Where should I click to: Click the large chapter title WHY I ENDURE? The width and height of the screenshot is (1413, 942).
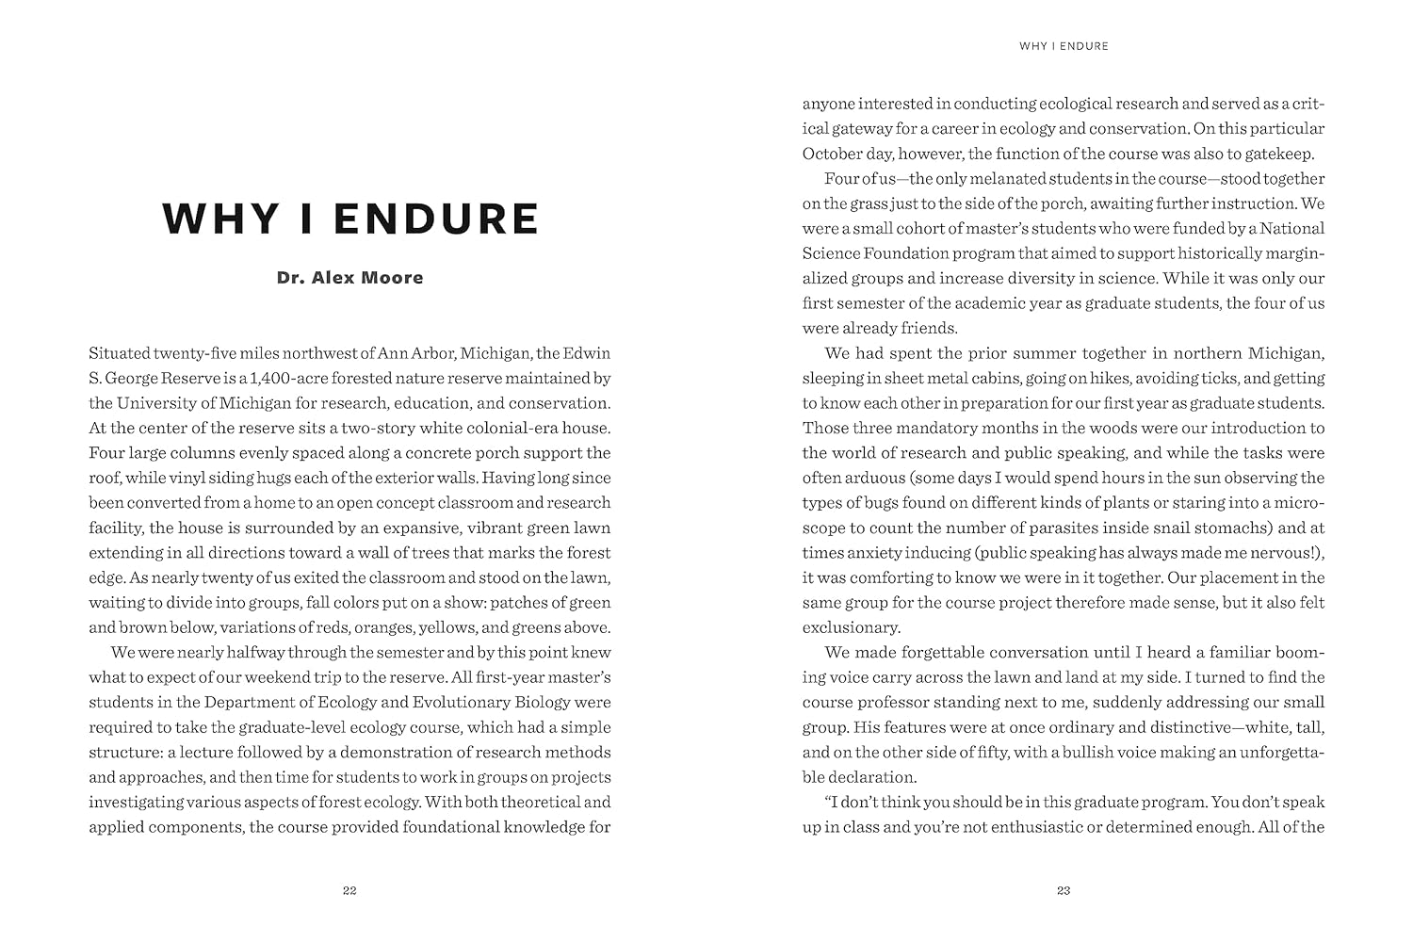pos(350,219)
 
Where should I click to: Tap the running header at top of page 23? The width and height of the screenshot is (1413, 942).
pos(1064,45)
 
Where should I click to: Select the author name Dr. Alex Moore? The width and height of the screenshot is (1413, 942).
pos(349,278)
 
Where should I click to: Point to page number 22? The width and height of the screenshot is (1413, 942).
pos(349,890)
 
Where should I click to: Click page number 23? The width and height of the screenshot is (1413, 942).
pos(1064,890)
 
